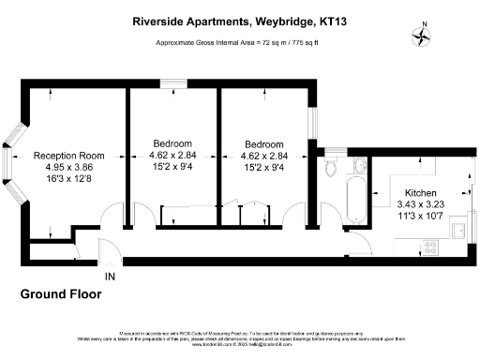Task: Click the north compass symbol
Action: pyautogui.click(x=423, y=36)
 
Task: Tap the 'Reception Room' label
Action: pyautogui.click(x=66, y=156)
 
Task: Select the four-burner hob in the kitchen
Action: pyautogui.click(x=432, y=247)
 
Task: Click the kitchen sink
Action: pyautogui.click(x=459, y=230)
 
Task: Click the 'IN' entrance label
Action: pyautogui.click(x=111, y=277)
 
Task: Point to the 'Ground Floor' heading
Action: pyautogui.click(x=60, y=294)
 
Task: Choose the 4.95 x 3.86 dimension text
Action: pyautogui.click(x=66, y=167)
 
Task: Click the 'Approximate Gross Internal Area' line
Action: pyautogui.click(x=239, y=43)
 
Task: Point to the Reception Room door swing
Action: pyautogui.click(x=112, y=219)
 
